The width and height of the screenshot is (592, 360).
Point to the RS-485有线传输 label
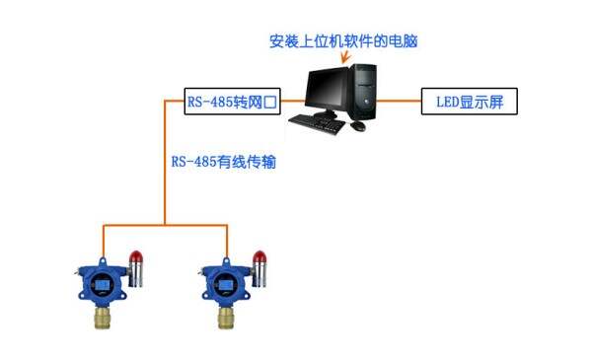(x=223, y=161)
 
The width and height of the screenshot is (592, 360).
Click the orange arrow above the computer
(x=344, y=59)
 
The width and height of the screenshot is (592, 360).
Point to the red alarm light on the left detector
(x=134, y=257)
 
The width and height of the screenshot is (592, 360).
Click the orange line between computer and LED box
(x=400, y=100)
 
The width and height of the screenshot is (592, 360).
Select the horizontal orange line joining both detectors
(x=164, y=225)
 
